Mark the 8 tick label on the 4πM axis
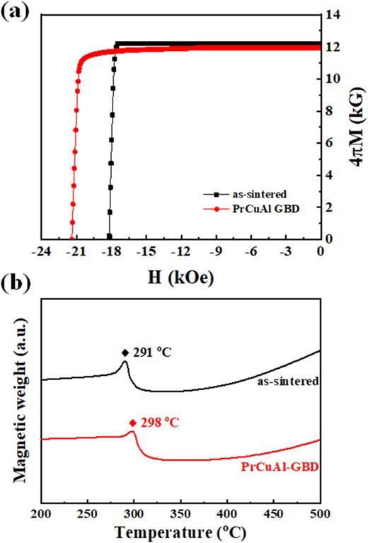tap(330, 110)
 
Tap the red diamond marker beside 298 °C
tap(131, 423)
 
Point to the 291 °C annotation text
tap(152, 352)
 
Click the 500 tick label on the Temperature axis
tap(320, 513)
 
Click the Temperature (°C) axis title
tap(180, 531)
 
